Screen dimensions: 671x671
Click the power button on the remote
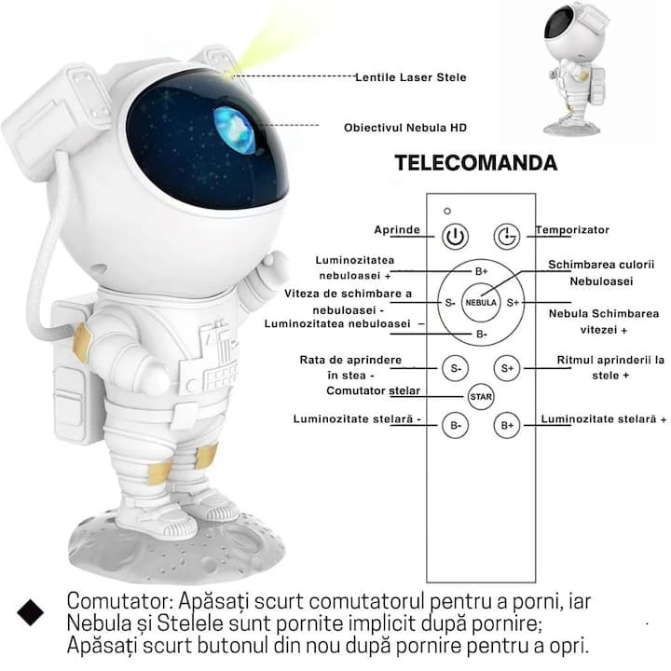455,236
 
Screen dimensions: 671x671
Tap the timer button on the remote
507,236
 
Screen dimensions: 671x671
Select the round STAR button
481,397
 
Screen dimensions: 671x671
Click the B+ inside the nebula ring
482,271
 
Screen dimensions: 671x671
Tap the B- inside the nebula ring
482,334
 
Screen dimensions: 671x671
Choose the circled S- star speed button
456,368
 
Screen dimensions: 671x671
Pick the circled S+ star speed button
507,368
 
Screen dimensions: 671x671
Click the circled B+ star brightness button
507,425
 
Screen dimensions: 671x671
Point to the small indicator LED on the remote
447,211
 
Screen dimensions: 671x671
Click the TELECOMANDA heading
476,162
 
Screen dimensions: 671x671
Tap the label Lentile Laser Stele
411,77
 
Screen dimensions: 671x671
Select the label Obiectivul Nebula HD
405,128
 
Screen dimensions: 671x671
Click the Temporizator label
572,230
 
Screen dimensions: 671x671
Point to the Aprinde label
397,230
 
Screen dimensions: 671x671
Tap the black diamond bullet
31,612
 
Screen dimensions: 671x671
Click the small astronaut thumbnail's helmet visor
560,24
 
